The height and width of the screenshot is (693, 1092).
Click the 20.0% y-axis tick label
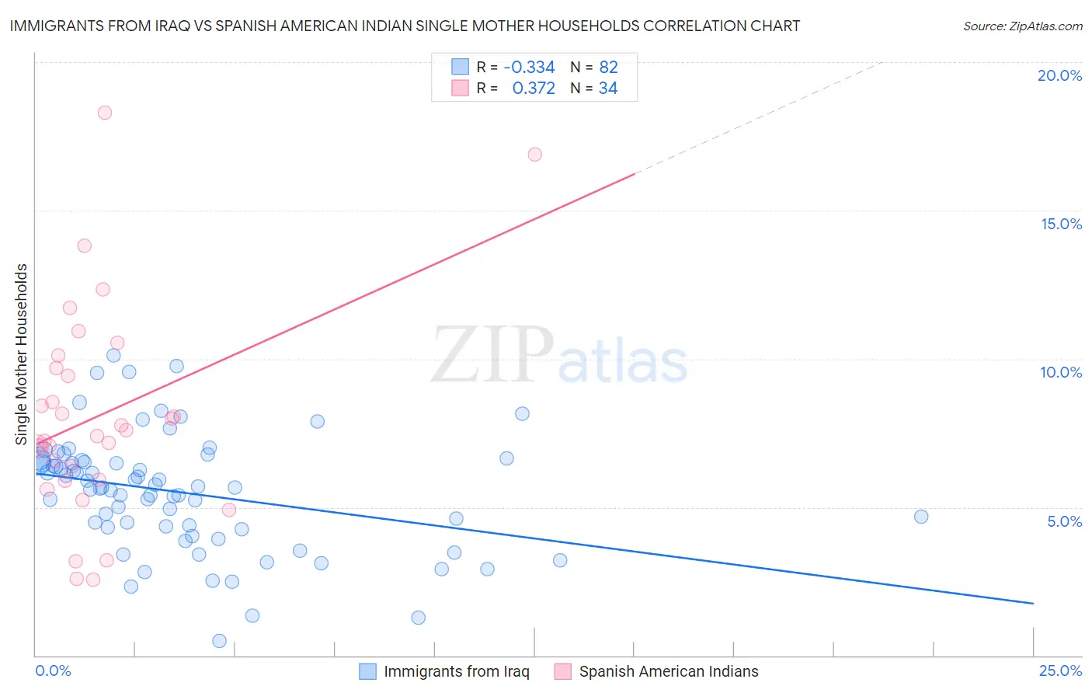1059,75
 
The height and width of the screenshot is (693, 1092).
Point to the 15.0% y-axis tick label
1061,224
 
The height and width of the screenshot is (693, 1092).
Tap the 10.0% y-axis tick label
1061,372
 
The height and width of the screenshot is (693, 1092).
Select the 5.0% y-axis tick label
1064,521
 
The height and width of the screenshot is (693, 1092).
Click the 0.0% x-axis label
53,670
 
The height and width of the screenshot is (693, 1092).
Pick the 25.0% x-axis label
1060,670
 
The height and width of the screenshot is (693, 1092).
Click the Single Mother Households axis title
22,354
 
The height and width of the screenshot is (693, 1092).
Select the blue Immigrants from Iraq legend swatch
367,671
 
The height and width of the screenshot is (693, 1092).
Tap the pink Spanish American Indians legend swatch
563,671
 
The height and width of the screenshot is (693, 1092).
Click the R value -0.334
529,67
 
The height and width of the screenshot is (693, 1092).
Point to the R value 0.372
534,89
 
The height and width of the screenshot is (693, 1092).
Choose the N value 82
608,67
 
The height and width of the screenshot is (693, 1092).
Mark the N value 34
608,89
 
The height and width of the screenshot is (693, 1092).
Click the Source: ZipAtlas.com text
1022,26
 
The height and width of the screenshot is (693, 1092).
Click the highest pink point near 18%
105,113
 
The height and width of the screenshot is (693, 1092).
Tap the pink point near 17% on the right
534,155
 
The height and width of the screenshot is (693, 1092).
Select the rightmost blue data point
921,517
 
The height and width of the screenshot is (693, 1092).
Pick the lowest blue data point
219,641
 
